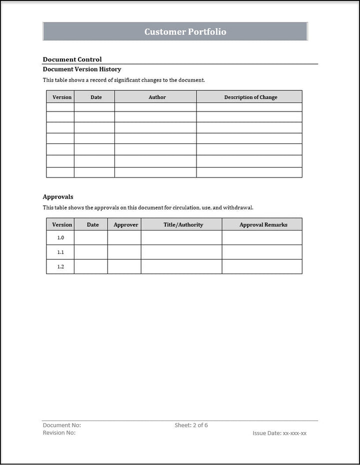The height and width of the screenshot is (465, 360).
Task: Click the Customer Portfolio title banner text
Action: point(185,31)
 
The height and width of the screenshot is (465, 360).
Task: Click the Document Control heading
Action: point(72,59)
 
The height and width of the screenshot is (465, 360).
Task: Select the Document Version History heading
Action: point(82,69)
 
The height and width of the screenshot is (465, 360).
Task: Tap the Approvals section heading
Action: point(58,197)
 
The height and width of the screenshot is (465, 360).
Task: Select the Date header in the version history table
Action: point(96,97)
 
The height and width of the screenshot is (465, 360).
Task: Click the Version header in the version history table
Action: point(62,97)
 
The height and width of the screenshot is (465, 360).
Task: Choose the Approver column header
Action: point(125,225)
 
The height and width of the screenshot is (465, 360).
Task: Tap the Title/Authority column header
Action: point(183,225)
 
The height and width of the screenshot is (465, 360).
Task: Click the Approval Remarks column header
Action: point(263,225)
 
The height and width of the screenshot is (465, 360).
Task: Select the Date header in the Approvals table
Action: point(93,225)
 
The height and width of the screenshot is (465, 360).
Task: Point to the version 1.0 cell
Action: point(60,238)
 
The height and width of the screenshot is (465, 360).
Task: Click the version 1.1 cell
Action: point(60,252)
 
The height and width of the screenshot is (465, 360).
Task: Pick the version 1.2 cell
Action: point(60,266)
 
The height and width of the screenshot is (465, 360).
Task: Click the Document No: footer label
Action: point(62,425)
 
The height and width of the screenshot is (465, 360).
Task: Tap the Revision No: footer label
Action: point(59,433)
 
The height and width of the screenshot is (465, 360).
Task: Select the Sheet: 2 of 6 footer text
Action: point(191,425)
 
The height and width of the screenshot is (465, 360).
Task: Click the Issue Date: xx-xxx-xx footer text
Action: point(279,433)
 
